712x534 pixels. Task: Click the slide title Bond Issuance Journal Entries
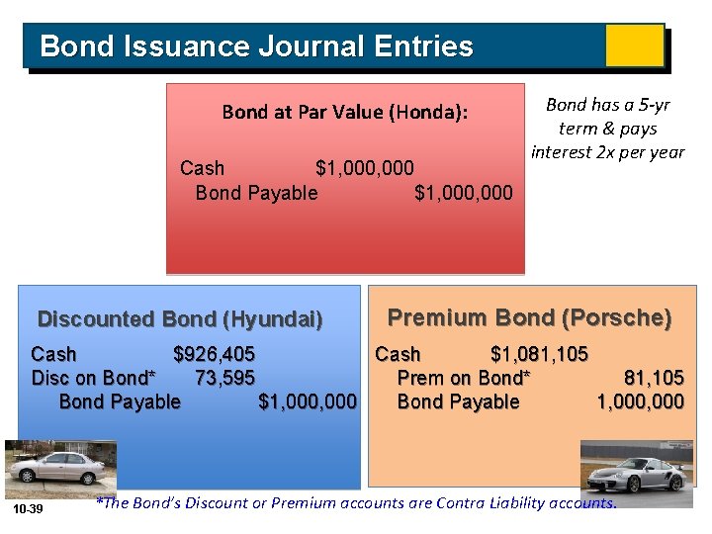[x=256, y=46]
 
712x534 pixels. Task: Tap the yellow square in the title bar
[x=634, y=45]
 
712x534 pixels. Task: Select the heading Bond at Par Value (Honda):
[x=344, y=112]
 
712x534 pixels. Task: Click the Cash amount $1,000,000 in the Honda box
[x=364, y=168]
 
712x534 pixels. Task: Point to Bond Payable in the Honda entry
[x=256, y=193]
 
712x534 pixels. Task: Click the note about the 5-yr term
[x=607, y=128]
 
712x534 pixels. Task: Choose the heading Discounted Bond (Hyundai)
[x=180, y=319]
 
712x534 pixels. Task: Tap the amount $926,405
[x=214, y=354]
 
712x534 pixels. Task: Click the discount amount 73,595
[x=224, y=378]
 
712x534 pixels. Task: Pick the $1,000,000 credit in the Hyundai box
[x=307, y=401]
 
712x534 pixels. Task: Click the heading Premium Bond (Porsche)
[x=529, y=317]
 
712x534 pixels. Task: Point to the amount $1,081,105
[x=539, y=354]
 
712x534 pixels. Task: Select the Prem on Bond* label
[x=463, y=378]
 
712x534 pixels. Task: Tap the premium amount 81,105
[x=654, y=378]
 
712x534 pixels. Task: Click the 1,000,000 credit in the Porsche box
[x=640, y=401]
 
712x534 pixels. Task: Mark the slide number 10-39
[x=28, y=508]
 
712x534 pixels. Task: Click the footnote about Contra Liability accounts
[x=355, y=503]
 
